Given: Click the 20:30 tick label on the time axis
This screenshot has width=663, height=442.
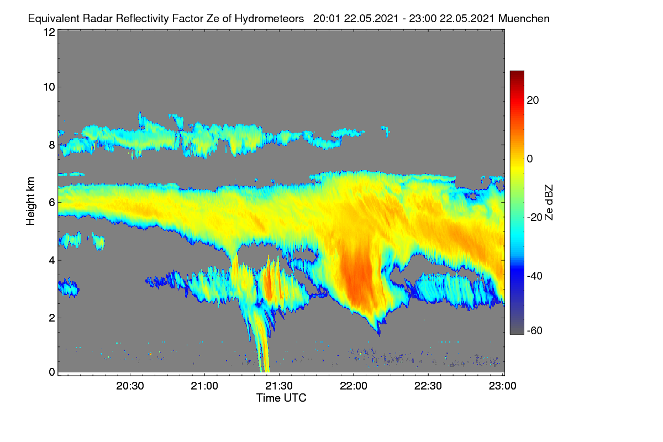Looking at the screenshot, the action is (x=130, y=386).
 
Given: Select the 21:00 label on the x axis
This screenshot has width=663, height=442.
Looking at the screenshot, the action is (x=204, y=386).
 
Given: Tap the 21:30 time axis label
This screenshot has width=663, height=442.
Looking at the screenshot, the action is (x=279, y=386).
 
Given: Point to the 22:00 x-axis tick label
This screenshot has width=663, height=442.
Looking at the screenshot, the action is (x=354, y=386).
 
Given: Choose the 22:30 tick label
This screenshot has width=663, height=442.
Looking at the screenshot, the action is (x=428, y=386).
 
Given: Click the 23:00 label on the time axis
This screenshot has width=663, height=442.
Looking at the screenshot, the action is (x=503, y=386).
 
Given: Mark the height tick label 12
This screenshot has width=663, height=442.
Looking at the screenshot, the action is (x=49, y=32).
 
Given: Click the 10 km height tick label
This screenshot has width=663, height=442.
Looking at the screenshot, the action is (x=49, y=87).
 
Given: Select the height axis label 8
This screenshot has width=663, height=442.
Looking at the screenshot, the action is (x=52, y=145).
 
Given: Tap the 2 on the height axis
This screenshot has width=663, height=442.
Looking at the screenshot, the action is (x=52, y=318).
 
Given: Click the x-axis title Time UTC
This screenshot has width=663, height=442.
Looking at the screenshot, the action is (x=281, y=398).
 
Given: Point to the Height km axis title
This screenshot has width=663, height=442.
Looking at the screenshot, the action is (x=30, y=201).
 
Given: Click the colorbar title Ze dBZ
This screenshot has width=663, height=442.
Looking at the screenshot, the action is (x=549, y=203).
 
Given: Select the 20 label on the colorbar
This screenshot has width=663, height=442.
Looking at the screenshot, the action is (x=533, y=101).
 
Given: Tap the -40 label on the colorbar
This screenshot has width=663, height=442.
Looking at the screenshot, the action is (x=535, y=276).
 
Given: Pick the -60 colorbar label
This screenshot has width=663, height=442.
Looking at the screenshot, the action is (x=535, y=330).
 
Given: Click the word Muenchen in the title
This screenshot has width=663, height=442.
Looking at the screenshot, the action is (x=524, y=18).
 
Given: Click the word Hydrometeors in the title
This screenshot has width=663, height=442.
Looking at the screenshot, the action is (x=269, y=19).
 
